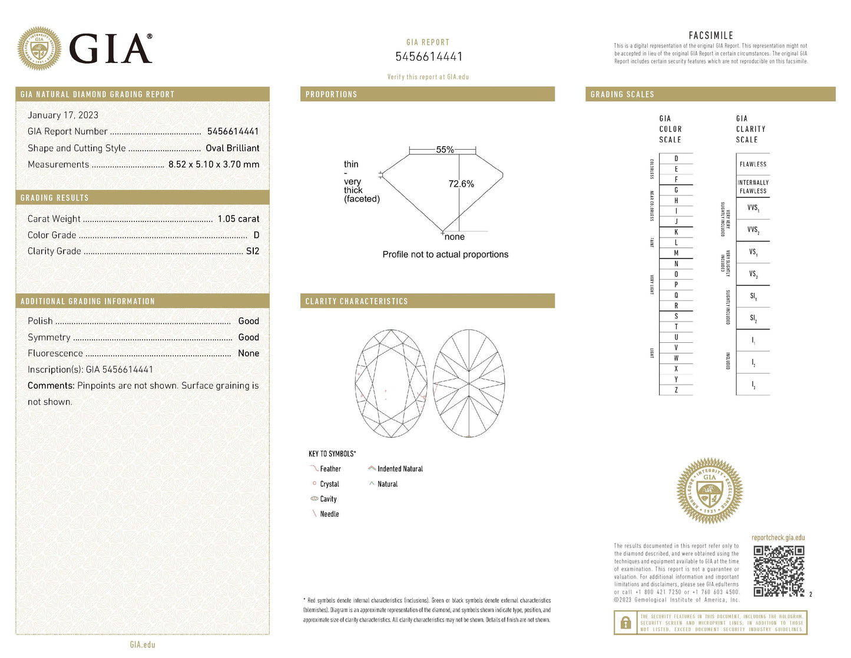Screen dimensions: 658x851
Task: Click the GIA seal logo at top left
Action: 39,48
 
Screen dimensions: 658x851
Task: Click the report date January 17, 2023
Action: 63,115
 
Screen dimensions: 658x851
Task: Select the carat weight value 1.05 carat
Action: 238,219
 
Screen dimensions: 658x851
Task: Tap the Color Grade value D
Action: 256,235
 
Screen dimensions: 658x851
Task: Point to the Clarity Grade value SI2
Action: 252,251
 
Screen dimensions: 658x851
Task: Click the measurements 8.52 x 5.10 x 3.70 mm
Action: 214,164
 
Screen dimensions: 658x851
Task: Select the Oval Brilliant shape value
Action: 232,148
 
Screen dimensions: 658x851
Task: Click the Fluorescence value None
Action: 249,353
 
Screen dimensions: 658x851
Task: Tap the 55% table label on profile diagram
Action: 445,150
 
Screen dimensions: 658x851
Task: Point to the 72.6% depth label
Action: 461,184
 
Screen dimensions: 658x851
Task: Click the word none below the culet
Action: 455,237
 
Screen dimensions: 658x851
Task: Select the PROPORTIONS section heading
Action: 331,94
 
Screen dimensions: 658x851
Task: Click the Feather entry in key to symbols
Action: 330,469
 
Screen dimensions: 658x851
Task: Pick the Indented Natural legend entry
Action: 400,469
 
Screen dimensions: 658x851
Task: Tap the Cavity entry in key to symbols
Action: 328,499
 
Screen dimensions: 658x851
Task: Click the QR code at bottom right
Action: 779,571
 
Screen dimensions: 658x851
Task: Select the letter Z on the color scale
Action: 676,390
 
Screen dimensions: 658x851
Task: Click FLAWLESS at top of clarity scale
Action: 753,164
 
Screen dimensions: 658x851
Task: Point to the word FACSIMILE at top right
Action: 711,35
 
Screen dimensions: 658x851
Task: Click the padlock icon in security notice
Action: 625,623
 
